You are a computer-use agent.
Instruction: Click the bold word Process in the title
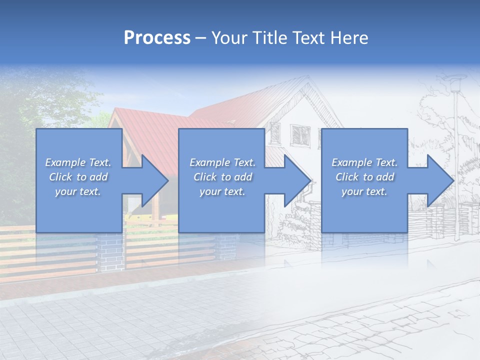point(157,38)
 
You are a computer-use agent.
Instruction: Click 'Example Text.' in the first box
point(78,162)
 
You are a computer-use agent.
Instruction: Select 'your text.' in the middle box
point(222,192)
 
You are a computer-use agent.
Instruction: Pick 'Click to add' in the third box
point(364,177)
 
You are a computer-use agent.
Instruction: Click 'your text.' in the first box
point(78,192)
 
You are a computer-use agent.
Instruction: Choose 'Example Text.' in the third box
point(364,162)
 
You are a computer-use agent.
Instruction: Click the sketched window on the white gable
point(300,134)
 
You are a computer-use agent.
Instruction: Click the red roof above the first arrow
point(150,135)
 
